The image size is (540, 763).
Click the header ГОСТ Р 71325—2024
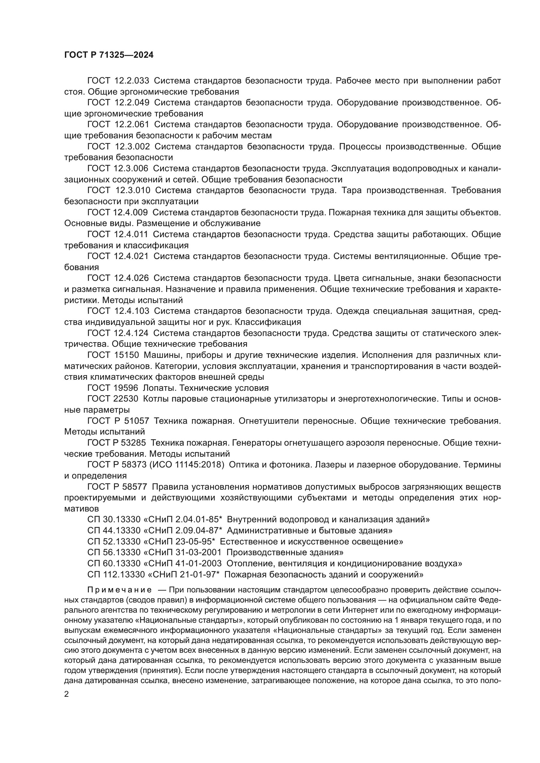click(109, 55)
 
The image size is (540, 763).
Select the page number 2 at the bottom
click(67, 694)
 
